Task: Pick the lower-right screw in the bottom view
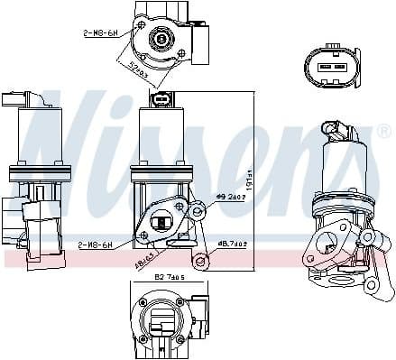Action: pyautogui.click(x=180, y=339)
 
